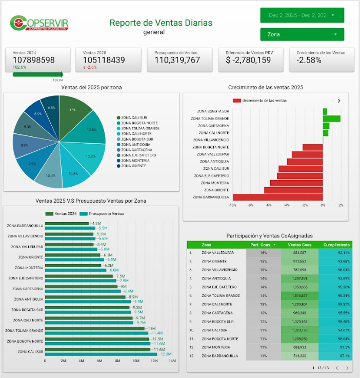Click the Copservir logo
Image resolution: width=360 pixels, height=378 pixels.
pos(39,23)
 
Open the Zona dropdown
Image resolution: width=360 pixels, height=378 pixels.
pos(302,34)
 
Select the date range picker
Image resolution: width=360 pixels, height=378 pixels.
pos(302,15)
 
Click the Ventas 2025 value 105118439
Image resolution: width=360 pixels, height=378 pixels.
pos(104,60)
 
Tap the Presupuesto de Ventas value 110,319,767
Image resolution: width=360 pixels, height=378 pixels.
pos(177,60)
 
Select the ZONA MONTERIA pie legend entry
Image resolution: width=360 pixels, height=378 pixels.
pos(133,161)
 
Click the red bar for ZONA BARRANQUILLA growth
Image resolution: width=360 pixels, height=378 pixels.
pos(277,197)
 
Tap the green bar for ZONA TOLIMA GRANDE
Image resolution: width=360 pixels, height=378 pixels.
pos(331,118)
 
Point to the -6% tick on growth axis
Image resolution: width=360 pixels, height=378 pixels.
pos(268,205)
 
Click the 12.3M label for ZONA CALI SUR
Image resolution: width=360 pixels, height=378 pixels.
pos(166,354)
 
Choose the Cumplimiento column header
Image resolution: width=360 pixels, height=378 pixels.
pos(336,245)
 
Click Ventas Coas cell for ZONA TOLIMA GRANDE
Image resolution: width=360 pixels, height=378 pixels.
pos(300,295)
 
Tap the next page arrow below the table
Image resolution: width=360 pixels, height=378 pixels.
pos(347,368)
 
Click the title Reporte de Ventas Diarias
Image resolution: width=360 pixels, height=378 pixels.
pos(161,23)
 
